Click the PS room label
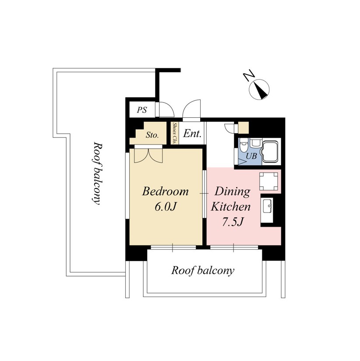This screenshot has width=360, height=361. (x=142, y=110)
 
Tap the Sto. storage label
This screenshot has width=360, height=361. (x=152, y=135)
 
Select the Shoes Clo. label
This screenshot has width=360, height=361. (x=175, y=133)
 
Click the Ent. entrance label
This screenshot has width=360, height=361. (x=192, y=133)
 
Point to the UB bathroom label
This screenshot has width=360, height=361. (x=251, y=156)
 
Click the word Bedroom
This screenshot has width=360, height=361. (x=165, y=191)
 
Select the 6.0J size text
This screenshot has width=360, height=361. (x=165, y=207)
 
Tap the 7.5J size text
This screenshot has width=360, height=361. (x=233, y=222)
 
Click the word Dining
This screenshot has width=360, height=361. (x=233, y=191)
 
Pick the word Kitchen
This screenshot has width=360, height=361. (x=231, y=206)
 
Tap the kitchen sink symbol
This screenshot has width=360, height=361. (x=268, y=206)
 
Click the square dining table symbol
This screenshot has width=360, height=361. (x=268, y=181)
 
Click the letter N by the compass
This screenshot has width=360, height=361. (x=249, y=75)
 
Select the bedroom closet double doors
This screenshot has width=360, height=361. (x=148, y=156)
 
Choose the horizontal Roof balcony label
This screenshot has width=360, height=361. (x=203, y=271)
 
